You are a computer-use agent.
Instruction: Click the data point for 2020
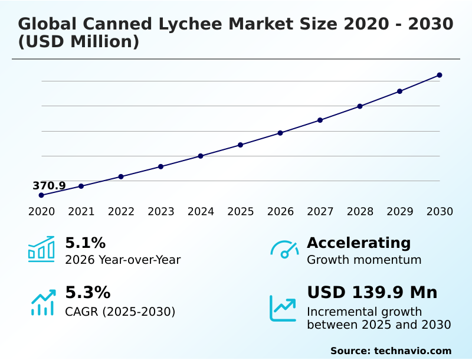tap(41, 195)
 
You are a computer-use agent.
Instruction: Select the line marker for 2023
tap(160, 166)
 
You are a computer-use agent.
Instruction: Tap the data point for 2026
tap(280, 133)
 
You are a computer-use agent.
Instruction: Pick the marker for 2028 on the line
tap(360, 106)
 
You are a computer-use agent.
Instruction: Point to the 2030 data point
tap(440, 75)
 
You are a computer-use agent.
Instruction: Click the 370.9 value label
tap(49, 186)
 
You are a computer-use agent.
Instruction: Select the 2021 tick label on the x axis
tap(81, 212)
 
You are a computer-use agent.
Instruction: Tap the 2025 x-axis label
tap(240, 212)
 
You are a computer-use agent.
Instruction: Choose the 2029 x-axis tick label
tap(399, 212)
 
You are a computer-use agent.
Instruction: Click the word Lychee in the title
tap(183, 24)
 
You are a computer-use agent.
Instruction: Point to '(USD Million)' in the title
tap(78, 42)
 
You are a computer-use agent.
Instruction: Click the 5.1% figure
tap(85, 243)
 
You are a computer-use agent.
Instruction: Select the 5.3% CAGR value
tap(87, 293)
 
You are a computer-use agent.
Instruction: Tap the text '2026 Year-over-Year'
tap(123, 260)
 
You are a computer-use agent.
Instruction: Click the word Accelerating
tap(359, 243)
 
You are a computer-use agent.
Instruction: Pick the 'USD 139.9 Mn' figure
tap(372, 293)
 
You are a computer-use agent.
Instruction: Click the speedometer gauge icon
tap(284, 250)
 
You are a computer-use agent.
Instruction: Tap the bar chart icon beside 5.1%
tap(41, 248)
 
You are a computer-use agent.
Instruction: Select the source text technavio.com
tap(412, 351)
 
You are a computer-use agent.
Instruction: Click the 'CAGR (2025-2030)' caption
tap(120, 311)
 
